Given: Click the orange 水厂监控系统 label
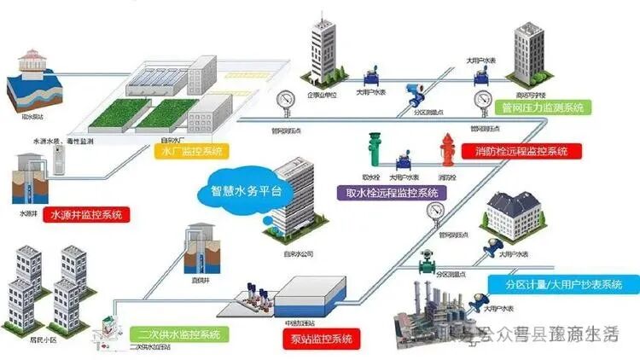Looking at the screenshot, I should click(193, 151).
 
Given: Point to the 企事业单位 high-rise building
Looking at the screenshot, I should click(322, 51).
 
